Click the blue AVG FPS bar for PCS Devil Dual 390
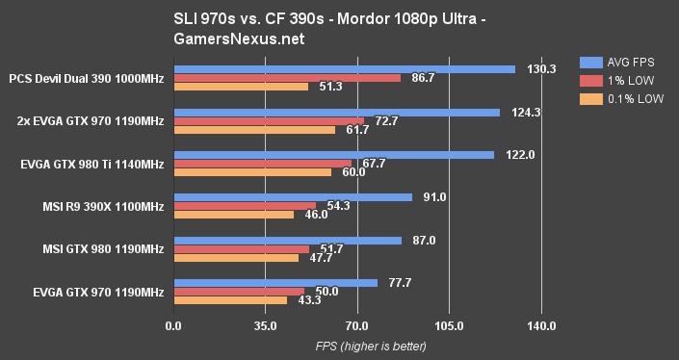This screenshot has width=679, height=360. [344, 69]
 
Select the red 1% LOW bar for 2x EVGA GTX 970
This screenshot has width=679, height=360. [269, 120]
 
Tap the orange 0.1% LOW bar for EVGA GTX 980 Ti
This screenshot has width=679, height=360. [252, 172]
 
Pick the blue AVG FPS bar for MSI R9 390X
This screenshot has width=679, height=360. [293, 197]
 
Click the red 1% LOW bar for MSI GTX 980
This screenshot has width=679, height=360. [242, 248]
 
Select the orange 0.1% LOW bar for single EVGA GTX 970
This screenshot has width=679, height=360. [230, 300]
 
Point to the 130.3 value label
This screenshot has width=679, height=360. [535, 69]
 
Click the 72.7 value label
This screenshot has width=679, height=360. [384, 120]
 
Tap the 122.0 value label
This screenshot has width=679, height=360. [513, 155]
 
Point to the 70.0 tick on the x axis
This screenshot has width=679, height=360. [357, 326]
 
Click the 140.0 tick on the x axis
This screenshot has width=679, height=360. [541, 326]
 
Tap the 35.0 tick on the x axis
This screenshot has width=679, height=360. [265, 326]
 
